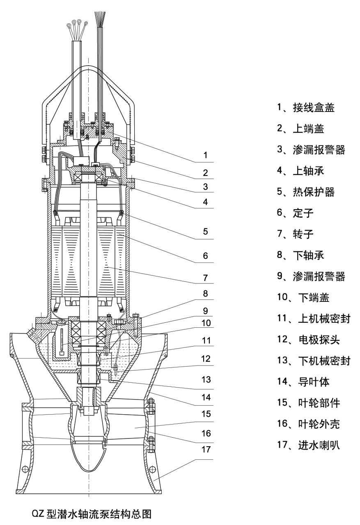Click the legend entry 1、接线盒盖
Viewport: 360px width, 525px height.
[x=305, y=108]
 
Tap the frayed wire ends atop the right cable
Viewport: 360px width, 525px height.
[x=100, y=18]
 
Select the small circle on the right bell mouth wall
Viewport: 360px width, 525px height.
[x=152, y=469]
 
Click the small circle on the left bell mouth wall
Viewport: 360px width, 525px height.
[x=25, y=469]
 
